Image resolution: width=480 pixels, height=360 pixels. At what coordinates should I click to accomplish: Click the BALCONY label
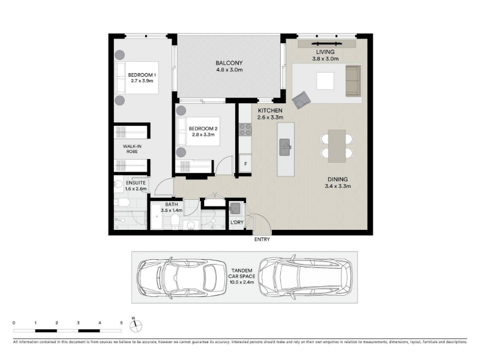229,63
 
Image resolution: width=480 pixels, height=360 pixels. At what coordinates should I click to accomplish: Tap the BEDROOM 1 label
142,75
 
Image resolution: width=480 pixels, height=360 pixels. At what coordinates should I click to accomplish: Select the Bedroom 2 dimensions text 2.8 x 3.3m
203,134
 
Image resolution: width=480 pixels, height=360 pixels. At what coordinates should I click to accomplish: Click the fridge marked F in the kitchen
245,164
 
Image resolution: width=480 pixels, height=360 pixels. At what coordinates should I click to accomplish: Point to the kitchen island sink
285,147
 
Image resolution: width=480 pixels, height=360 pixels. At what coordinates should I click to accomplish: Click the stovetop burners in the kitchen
245,129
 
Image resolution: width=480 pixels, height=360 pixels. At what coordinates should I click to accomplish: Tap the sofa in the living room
353,81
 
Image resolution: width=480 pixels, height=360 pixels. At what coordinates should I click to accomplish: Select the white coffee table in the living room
325,81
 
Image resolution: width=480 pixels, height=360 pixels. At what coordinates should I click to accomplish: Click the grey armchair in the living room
301,100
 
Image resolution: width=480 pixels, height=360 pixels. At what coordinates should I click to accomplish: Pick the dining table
337,146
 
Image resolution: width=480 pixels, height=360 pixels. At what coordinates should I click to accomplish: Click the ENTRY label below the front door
262,239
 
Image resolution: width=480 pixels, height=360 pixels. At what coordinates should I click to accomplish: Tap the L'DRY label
237,222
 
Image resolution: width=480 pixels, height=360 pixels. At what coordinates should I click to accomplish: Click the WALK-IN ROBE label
132,149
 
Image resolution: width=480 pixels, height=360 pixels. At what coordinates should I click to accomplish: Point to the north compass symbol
136,326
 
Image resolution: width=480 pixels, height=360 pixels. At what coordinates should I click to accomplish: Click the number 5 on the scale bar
121,323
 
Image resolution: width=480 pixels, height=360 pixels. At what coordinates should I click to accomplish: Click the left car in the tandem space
182,278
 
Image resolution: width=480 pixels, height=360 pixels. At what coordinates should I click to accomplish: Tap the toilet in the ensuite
122,202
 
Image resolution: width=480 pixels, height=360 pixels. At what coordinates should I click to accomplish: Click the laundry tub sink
235,208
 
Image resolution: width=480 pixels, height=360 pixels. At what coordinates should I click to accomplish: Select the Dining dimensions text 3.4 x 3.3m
338,186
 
